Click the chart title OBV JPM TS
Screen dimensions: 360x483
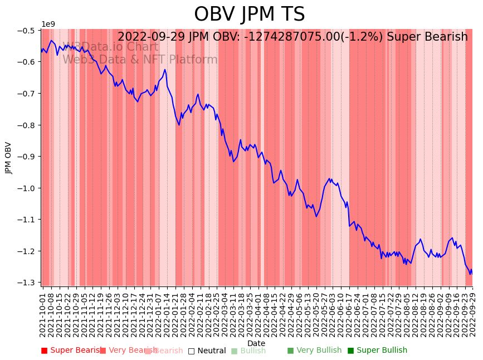tap(249, 14)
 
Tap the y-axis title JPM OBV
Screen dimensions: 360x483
tap(9, 158)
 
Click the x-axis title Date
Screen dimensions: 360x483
tap(256, 343)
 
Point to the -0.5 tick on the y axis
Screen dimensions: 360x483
tap(26, 30)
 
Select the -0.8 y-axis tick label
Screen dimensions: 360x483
tap(26, 125)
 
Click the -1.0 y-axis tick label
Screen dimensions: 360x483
tap(26, 188)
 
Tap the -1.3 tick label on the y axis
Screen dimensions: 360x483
tap(26, 283)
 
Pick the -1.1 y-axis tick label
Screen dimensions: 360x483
tap(26, 220)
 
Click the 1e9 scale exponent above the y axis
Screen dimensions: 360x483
tap(48, 24)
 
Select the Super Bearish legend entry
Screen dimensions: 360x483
tap(72, 351)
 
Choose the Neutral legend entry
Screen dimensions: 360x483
tap(207, 351)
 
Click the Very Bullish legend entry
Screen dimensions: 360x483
tap(314, 351)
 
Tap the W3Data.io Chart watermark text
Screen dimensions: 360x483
tap(110, 47)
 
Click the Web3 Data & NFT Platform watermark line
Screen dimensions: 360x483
tap(140, 60)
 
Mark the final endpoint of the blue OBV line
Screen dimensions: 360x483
tap(472, 270)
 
